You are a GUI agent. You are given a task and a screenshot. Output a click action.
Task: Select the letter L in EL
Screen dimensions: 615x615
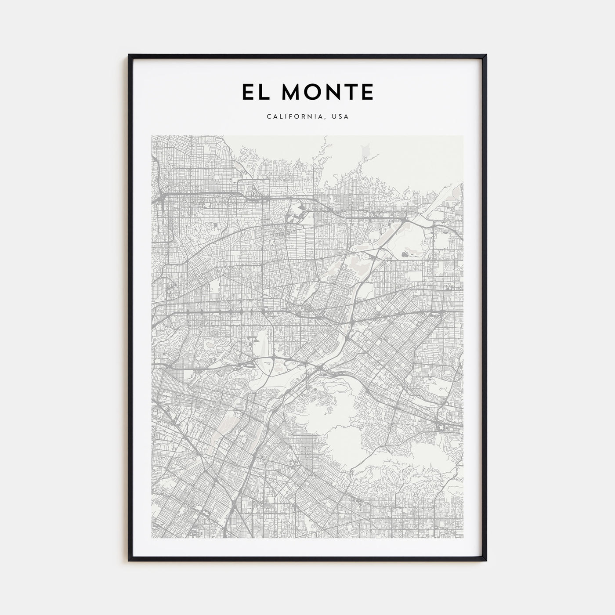pyautogui.click(x=263, y=92)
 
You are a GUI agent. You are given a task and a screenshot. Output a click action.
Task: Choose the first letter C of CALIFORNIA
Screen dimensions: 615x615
pyautogui.click(x=268, y=117)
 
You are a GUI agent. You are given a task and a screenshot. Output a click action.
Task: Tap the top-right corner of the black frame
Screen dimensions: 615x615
pyautogui.click(x=486, y=55)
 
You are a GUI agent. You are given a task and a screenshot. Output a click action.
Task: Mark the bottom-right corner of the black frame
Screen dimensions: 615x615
pyautogui.click(x=486, y=561)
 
